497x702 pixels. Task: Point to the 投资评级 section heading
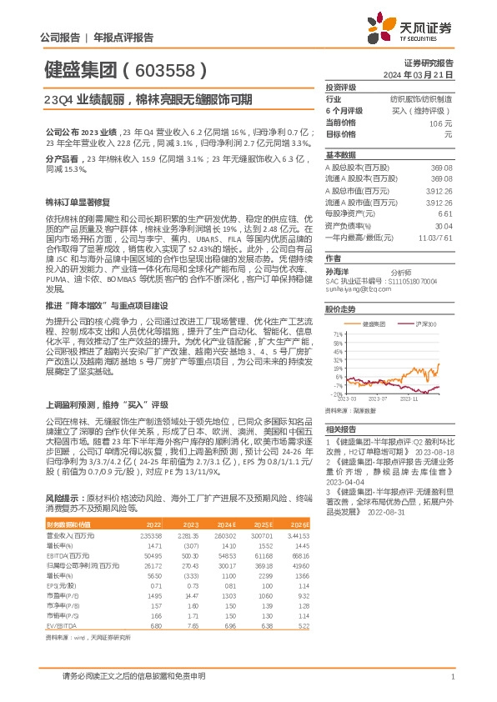click(x=341, y=87)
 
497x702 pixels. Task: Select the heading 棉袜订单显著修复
click(x=78, y=203)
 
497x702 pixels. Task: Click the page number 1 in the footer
click(x=451, y=677)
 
